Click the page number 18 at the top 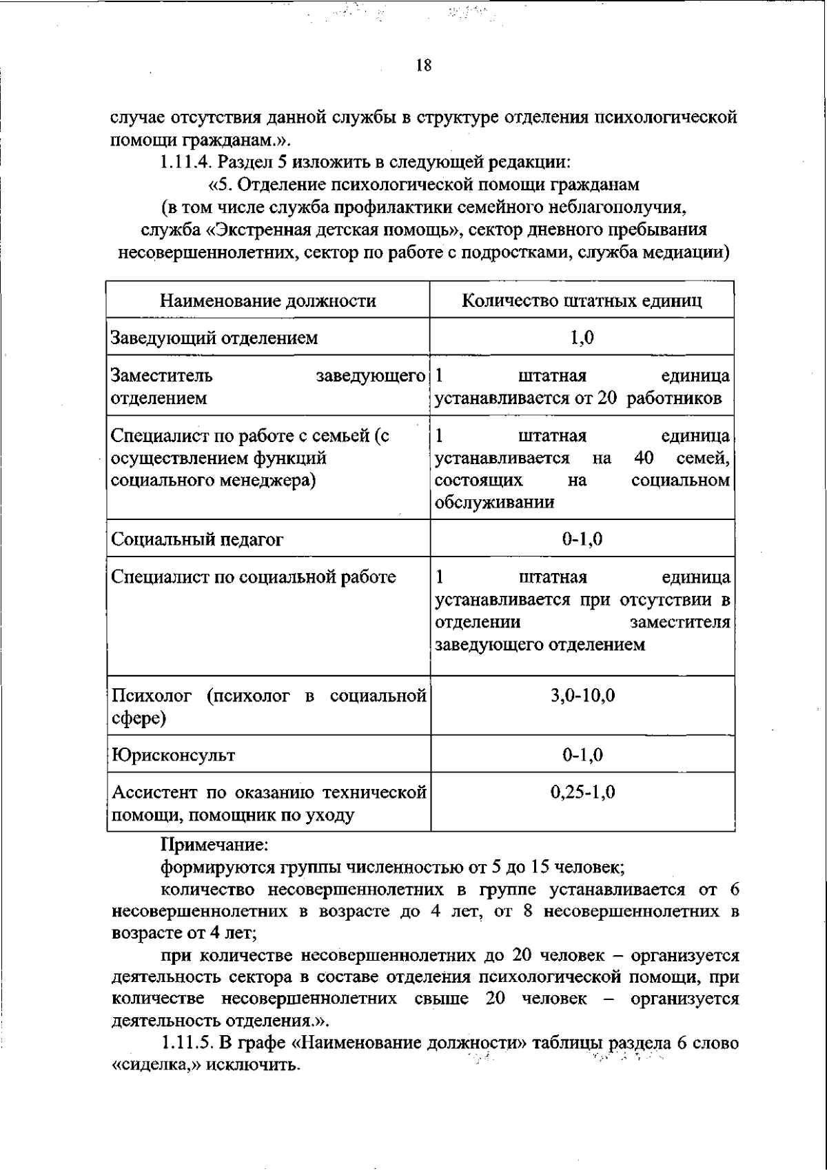pyautogui.click(x=424, y=66)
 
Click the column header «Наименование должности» pyautogui.click(x=268, y=301)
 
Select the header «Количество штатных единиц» pyautogui.click(x=582, y=301)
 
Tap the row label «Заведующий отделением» pyautogui.click(x=214, y=338)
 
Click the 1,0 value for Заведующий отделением pyautogui.click(x=582, y=338)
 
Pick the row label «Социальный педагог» pyautogui.click(x=197, y=539)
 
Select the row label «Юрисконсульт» pyautogui.click(x=174, y=755)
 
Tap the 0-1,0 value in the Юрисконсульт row pyautogui.click(x=582, y=755)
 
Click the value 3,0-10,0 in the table pyautogui.click(x=582, y=695)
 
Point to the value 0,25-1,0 pyautogui.click(x=582, y=792)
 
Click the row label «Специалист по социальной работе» pyautogui.click(x=254, y=577)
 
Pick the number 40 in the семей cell pyautogui.click(x=643, y=459)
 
